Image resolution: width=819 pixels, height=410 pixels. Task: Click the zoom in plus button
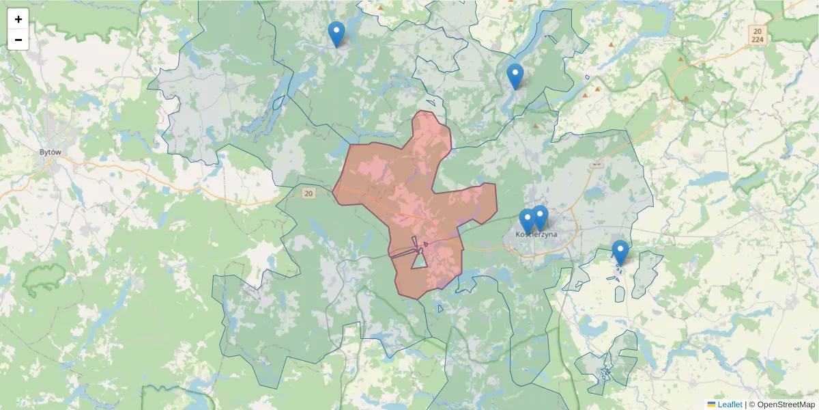[18, 19]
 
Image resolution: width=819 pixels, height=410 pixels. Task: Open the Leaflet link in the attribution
[729, 405]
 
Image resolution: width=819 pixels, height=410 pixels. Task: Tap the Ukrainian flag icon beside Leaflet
[711, 405]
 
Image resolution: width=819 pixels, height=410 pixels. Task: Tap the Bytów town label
[51, 152]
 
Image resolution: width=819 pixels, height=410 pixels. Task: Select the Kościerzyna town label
[536, 234]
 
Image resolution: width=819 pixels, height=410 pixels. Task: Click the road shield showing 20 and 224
[756, 35]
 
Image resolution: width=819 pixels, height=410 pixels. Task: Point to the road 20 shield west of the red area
[309, 194]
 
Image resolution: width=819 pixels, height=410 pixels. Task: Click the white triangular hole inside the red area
[420, 260]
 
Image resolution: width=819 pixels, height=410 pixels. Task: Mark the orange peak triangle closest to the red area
[535, 126]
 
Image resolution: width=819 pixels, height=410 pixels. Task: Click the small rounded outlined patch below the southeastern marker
[620, 293]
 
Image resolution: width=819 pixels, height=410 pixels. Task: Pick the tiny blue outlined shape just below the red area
[440, 309]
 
